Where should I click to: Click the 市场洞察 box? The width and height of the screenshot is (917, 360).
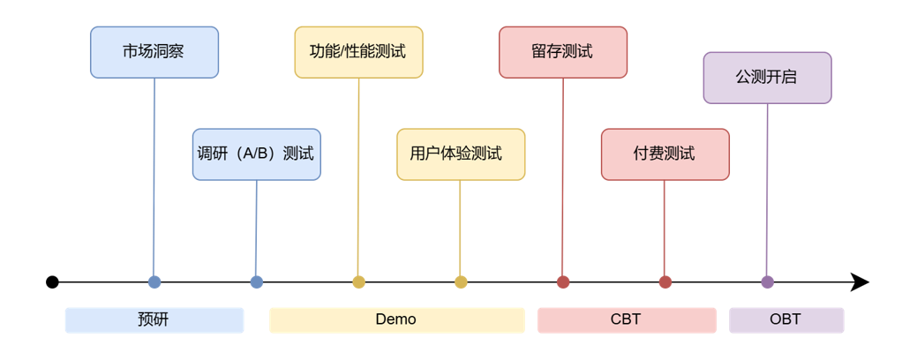154,52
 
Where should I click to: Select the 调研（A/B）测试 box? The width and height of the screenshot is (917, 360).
256,154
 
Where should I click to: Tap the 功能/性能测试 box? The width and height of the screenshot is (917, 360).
358,52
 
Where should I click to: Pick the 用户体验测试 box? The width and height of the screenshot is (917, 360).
460,154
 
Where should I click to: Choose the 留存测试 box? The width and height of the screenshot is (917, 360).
562,52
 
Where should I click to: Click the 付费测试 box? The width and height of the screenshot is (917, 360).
665,154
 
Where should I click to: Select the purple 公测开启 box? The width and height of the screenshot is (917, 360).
767,78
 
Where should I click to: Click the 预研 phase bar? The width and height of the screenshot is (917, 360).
154,319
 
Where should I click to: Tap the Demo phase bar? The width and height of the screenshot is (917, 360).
396,319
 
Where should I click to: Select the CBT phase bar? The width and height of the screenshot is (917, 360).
627,319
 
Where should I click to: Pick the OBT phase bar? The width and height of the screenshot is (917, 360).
785,319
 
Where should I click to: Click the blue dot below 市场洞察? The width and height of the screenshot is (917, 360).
154,282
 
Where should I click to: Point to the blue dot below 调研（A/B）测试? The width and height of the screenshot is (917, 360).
256,282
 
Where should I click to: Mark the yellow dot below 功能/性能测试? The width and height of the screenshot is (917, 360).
358,282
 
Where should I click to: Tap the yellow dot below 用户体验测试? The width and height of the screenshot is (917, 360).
461,282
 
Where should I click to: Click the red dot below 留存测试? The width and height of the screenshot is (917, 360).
563,282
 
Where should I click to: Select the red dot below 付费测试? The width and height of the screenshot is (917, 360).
665,282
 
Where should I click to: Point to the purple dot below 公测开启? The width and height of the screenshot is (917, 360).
767,282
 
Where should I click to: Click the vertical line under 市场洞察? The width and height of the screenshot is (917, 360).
154,176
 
